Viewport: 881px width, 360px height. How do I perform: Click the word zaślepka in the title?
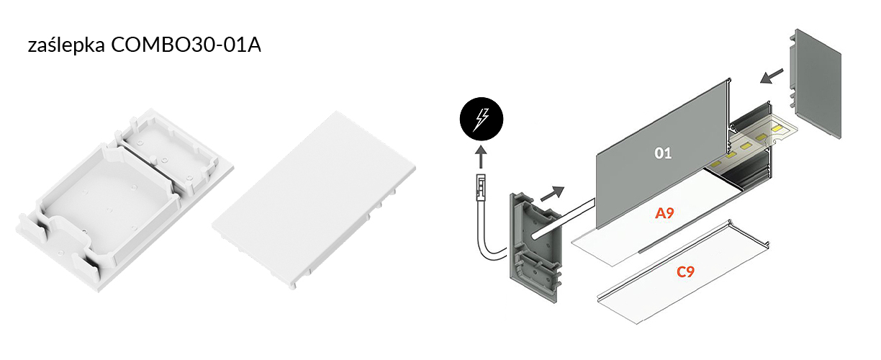point(66,45)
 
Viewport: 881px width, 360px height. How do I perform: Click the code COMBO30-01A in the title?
point(186,45)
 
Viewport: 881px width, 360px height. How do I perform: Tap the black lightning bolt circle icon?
point(482,119)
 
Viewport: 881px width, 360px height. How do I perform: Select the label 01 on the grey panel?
point(663,153)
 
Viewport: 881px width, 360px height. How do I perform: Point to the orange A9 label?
point(664,213)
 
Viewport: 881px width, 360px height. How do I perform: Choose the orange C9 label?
point(685,271)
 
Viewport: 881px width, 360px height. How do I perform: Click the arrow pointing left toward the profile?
point(772,76)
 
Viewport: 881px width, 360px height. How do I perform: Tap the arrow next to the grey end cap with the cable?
point(553,193)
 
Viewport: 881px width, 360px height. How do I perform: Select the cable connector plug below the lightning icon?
point(481,188)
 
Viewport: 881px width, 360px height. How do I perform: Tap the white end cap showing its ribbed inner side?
point(125,200)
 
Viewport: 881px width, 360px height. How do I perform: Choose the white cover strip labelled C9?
point(683,272)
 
